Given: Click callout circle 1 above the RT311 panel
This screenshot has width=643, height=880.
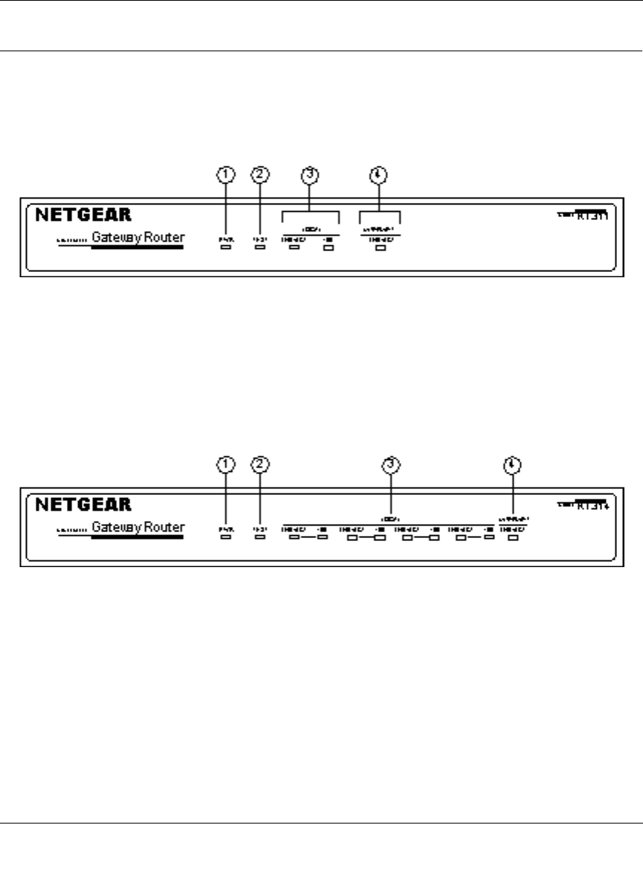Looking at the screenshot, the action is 226,175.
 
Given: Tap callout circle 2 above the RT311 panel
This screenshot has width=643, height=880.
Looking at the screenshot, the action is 259,175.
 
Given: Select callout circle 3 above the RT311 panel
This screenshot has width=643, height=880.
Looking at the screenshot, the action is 311,175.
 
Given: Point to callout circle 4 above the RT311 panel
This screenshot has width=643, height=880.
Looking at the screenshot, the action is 380,175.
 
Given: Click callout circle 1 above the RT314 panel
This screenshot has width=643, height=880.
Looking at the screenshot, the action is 226,465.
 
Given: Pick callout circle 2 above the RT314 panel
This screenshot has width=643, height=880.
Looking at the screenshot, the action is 259,465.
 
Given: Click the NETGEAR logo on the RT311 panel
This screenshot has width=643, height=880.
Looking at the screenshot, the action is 84,215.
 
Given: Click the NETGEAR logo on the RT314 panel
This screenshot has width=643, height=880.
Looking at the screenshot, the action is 84,505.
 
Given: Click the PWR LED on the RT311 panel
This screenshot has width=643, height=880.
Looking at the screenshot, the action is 226,247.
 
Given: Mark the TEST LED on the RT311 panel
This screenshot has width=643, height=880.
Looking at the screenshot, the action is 259,247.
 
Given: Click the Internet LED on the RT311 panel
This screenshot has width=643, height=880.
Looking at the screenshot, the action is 381,247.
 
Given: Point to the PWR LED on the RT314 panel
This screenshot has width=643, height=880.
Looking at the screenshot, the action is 226,537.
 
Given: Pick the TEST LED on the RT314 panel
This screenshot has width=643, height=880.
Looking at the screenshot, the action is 259,537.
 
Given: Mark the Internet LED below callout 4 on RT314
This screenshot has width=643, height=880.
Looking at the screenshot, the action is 512,537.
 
